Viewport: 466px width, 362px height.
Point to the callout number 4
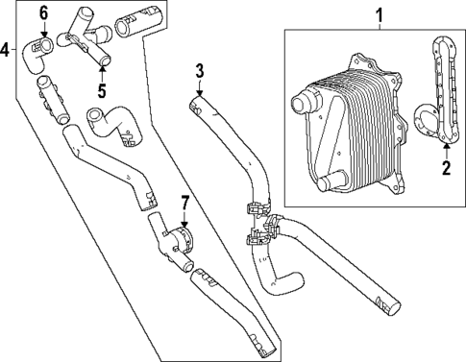(7, 49)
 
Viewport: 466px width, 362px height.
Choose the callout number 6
(42, 12)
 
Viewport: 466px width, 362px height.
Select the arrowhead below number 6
(43, 35)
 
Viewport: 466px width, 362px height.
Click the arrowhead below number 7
(184, 225)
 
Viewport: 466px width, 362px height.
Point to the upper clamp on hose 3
(256, 206)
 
